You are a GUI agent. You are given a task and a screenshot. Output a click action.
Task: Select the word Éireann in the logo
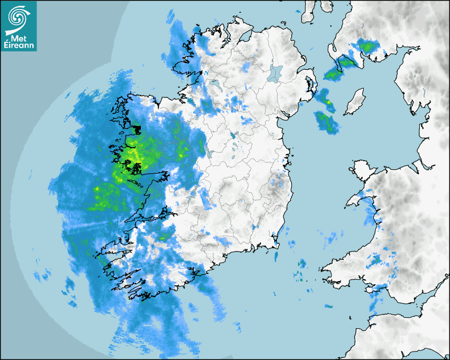pyautogui.click(x=19, y=46)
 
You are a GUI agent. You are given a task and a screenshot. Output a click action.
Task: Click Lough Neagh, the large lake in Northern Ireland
pyautogui.click(x=274, y=73)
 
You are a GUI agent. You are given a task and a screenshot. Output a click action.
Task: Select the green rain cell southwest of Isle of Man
pyautogui.click(x=327, y=123)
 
